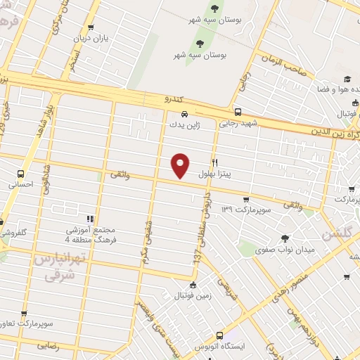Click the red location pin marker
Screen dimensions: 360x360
[181, 164]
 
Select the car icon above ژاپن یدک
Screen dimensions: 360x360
[184, 113]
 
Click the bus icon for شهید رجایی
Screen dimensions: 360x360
[238, 111]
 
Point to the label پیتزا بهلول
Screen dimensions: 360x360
[214, 173]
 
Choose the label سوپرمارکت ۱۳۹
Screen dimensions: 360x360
[245, 210]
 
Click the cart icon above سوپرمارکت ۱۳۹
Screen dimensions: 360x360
[246, 199]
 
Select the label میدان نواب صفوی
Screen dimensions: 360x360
[285, 249]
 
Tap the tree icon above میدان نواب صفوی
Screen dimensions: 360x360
[284, 238]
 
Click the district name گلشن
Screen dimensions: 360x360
[337, 233]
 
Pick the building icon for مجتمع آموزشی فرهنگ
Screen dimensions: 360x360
[89, 218]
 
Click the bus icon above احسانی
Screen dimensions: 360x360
[22, 173]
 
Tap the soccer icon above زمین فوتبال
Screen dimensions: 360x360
[193, 285]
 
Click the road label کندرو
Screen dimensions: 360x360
[172, 99]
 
